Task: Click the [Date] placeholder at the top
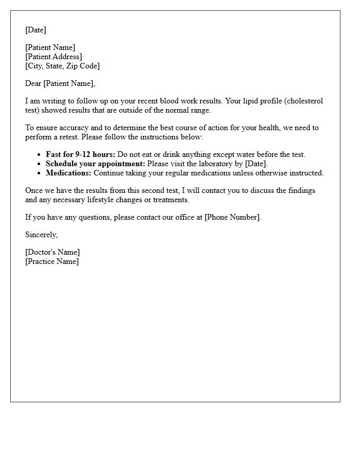35,30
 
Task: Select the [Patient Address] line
53,57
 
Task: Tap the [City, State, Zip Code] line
62,66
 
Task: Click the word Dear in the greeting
33,83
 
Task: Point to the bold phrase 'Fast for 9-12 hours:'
80,154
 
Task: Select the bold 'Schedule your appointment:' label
95,164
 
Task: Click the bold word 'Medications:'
68,173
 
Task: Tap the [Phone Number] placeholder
232,217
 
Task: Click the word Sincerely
41,235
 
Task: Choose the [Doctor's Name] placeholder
52,252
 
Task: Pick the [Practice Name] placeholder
52,261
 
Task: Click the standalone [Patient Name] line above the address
50,47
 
